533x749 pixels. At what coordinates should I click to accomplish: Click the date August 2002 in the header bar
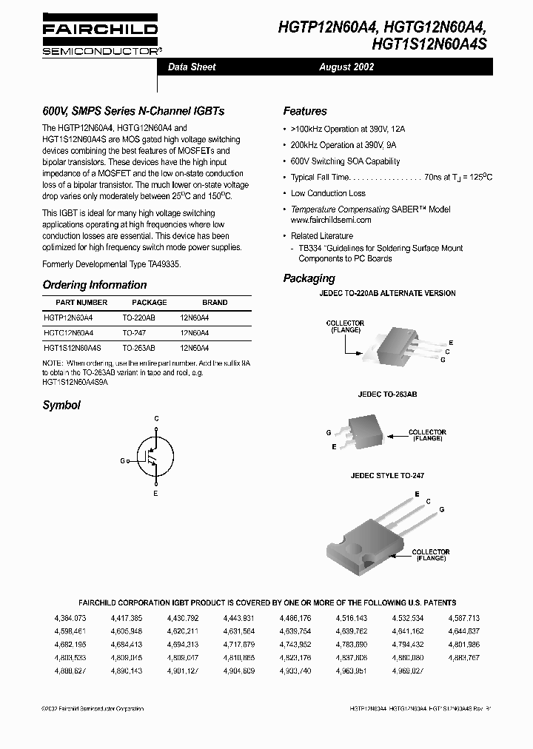pyautogui.click(x=346, y=67)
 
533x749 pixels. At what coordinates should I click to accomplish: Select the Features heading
pyautogui.click(x=305, y=111)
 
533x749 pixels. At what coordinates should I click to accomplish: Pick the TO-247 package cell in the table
pyautogui.click(x=134, y=333)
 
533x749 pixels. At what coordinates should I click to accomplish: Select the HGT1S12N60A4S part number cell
pyautogui.click(x=73, y=347)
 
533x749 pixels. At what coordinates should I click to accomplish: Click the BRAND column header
pyautogui.click(x=215, y=303)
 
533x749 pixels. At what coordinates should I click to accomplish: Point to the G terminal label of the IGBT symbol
pyautogui.click(x=122, y=460)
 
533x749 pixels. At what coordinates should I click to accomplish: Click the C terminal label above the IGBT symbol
pyautogui.click(x=156, y=419)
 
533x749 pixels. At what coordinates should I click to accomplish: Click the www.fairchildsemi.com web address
pyautogui.click(x=331, y=220)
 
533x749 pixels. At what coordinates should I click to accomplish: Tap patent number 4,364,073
pyautogui.click(x=70, y=617)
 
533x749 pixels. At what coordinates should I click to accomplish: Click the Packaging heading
pyautogui.click(x=309, y=278)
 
